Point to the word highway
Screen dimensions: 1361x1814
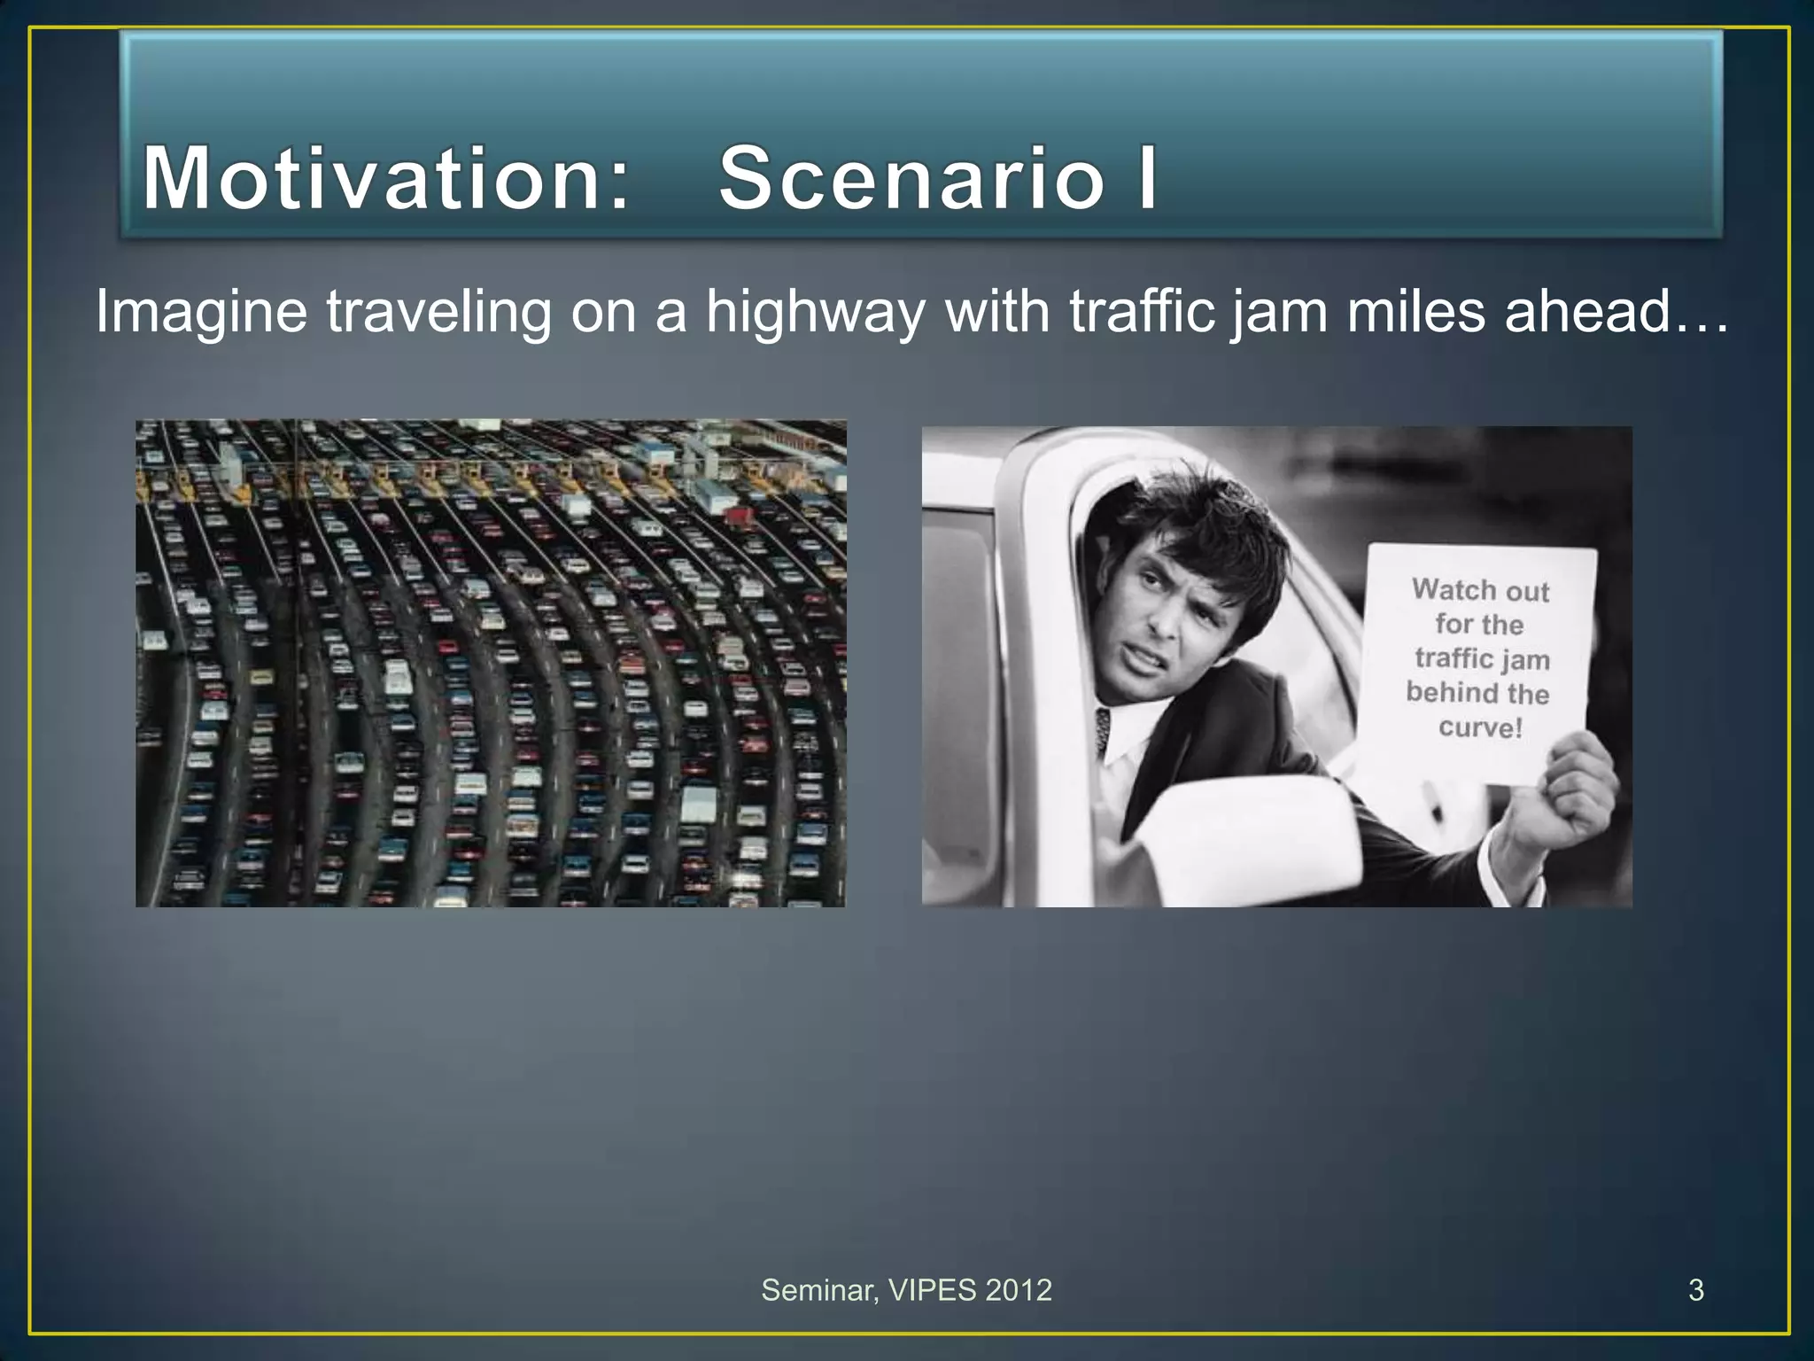pos(815,312)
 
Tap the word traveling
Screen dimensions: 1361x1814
pos(438,312)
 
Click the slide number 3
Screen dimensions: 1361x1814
pos(1695,1290)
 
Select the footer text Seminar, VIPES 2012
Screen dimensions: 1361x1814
pos(906,1290)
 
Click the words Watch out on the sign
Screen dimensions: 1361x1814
pos(1480,590)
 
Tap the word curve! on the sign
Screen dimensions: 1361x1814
pos(1480,727)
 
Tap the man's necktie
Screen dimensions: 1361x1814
pos(1103,732)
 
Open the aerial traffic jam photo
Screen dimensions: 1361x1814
pos(491,663)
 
